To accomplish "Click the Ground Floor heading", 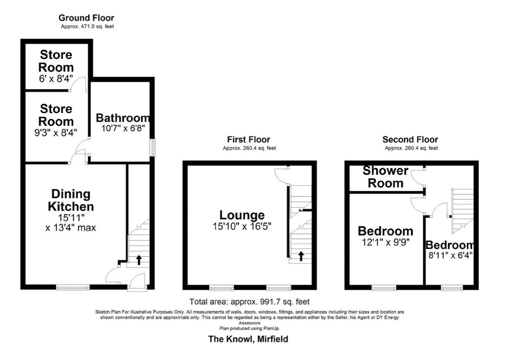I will [86, 18].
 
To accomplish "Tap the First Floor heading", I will [248, 139].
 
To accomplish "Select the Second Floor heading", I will [410, 139].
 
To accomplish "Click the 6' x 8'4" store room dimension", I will [56, 79].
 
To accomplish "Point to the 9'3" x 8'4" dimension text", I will [56, 132].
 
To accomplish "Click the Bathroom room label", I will [123, 118].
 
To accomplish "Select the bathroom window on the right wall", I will [153, 147].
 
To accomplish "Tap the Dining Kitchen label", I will [71, 200].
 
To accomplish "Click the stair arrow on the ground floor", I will [138, 259].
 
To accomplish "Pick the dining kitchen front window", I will [73, 287].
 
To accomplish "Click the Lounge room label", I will [242, 215].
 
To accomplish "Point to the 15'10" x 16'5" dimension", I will [242, 226].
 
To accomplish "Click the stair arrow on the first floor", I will [300, 256].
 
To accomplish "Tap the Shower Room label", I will [385, 177].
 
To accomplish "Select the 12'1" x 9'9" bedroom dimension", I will [385, 242].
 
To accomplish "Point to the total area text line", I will [249, 302].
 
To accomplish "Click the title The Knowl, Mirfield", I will [248, 339].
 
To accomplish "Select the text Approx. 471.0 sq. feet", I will [87, 27].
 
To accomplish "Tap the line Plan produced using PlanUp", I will [249, 328].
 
